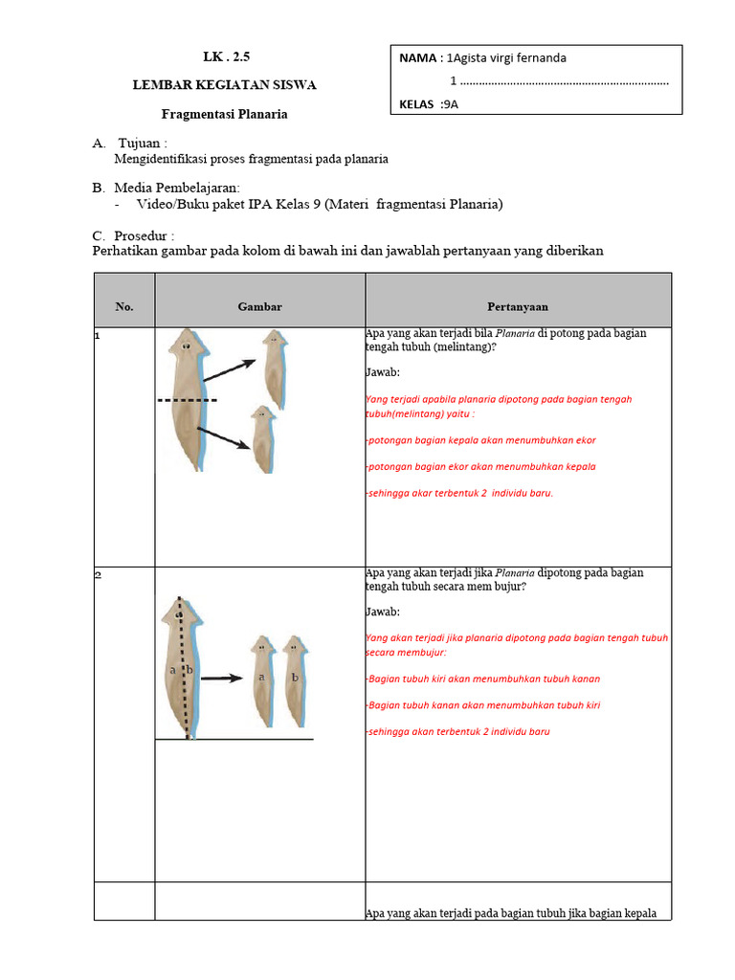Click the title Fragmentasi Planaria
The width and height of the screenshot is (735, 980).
click(224, 114)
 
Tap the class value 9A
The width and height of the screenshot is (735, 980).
click(452, 105)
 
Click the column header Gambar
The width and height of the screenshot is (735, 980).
click(259, 306)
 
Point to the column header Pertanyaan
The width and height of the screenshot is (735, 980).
click(517, 306)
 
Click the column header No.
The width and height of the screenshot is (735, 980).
click(124, 306)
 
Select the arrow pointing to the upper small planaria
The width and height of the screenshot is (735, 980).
click(230, 373)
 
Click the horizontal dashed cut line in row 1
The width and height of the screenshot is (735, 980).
click(188, 399)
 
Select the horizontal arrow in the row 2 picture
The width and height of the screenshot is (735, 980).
click(221, 678)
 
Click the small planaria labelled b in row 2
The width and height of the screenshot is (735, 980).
click(295, 675)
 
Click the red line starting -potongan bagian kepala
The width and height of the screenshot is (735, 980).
click(480, 440)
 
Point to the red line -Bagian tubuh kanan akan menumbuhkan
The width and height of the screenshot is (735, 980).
click(482, 705)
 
